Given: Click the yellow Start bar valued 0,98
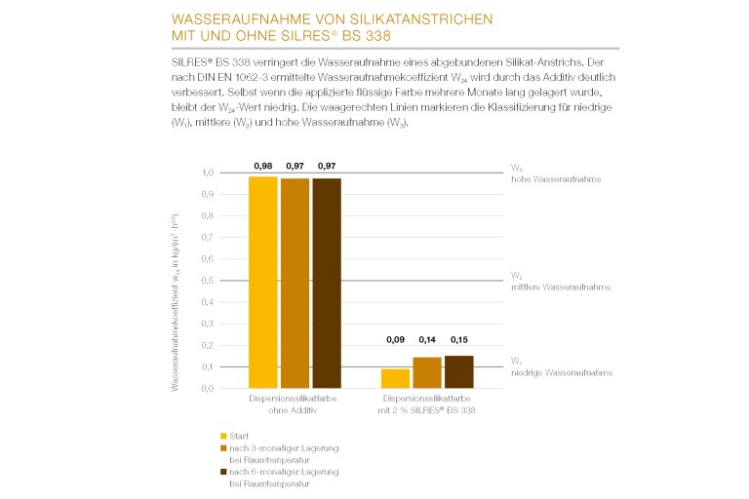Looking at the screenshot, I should pyautogui.click(x=263, y=283).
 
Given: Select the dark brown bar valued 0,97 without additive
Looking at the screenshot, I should pyautogui.click(x=328, y=283).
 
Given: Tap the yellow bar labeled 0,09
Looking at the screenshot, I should pyautogui.click(x=395, y=378).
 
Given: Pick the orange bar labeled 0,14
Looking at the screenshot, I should pyautogui.click(x=427, y=372).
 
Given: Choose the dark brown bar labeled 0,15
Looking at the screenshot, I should pyautogui.click(x=459, y=371).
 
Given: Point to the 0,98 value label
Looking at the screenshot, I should pyautogui.click(x=263, y=167).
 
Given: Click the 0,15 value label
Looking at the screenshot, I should pyautogui.click(x=459, y=340).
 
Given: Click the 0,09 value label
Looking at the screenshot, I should pyautogui.click(x=395, y=340).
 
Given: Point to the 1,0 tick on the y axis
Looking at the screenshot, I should pyautogui.click(x=207, y=173).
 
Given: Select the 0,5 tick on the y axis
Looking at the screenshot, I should pyautogui.click(x=207, y=281).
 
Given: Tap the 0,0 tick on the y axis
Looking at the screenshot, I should pyautogui.click(x=207, y=388).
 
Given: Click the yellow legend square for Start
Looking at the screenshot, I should pyautogui.click(x=223, y=436).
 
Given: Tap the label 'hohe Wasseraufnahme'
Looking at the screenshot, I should pyautogui.click(x=557, y=180).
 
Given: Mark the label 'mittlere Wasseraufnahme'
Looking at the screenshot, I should pyautogui.click(x=561, y=288).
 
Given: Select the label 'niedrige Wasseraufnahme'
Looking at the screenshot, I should pyautogui.click(x=560, y=373).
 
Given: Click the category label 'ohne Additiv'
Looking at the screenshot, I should pyautogui.click(x=296, y=411).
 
